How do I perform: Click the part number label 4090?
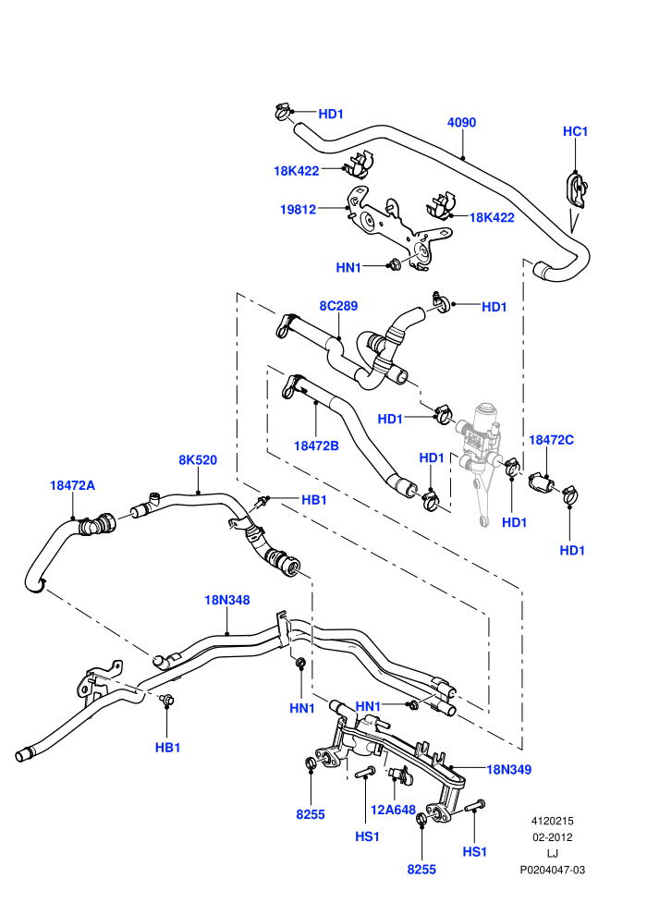click(x=461, y=123)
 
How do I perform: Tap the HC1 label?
click(x=575, y=131)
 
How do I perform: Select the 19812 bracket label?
click(x=299, y=209)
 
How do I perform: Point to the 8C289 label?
click(x=338, y=306)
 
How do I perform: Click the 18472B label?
click(x=316, y=445)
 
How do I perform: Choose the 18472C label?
click(x=551, y=440)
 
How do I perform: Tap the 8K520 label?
click(x=198, y=460)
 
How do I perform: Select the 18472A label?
click(x=72, y=485)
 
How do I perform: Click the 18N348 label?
click(x=227, y=600)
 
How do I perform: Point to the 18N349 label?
click(x=508, y=770)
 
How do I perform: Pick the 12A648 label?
click(x=393, y=810)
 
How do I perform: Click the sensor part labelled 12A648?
click(x=397, y=774)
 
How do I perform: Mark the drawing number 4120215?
click(x=552, y=821)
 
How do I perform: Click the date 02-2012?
click(x=552, y=837)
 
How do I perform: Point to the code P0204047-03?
click(x=553, y=870)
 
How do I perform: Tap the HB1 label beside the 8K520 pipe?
click(x=314, y=500)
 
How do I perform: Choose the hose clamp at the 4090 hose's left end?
click(x=283, y=111)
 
